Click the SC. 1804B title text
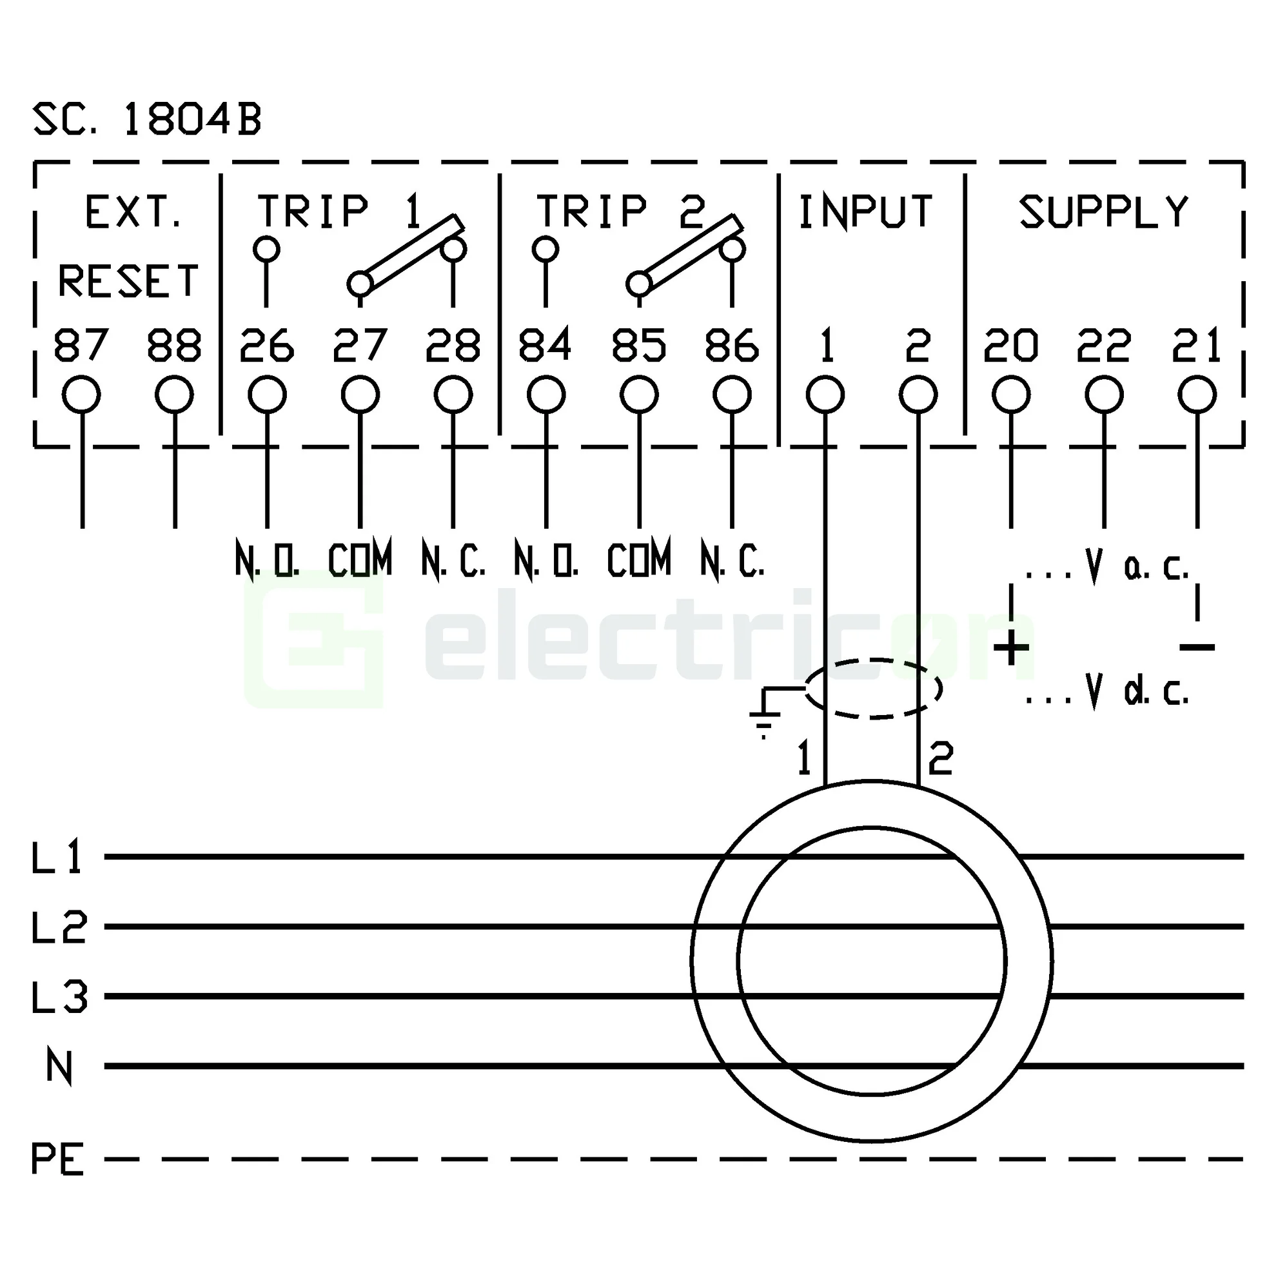(147, 121)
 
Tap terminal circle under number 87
(81, 395)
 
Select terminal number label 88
(174, 346)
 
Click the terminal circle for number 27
(360, 395)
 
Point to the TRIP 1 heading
(339, 211)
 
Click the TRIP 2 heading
(620, 211)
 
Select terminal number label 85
(638, 346)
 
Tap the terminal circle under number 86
(732, 395)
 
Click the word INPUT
(865, 211)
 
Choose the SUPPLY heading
(1103, 211)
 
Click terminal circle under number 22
(1103, 395)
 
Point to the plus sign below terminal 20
(1011, 648)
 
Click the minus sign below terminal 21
(1197, 647)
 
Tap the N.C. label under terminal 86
(732, 562)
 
